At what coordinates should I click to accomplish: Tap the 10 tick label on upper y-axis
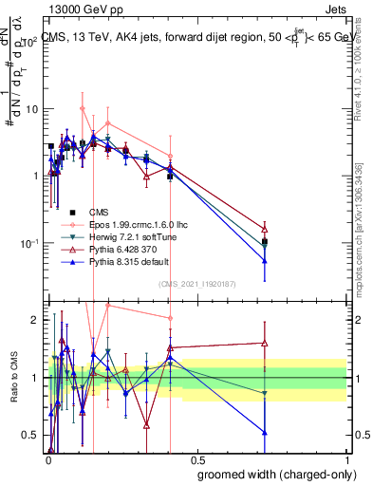[x=31, y=108]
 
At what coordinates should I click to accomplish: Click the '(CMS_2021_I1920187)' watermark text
[x=196, y=284]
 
